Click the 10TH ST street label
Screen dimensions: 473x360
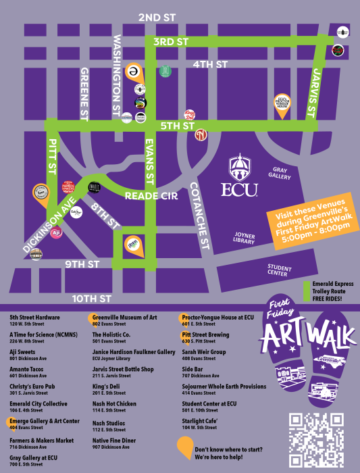point(93,298)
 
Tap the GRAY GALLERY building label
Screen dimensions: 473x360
point(282,174)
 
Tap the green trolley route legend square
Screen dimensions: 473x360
point(309,284)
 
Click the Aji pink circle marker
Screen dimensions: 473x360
point(57,232)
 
